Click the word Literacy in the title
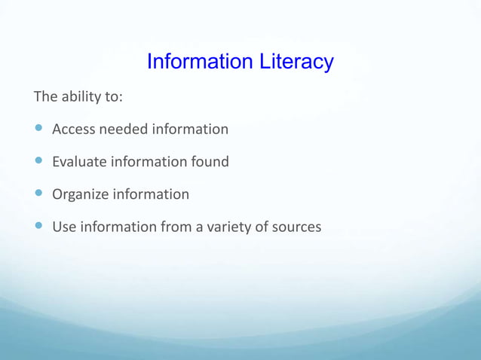tap(294, 62)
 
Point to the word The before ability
tap(44, 97)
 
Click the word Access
tap(73, 130)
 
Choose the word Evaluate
tap(79, 162)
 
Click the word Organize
tap(80, 194)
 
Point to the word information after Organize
tap(151, 194)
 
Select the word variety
tap(228, 227)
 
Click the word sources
tap(296, 227)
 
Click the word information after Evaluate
tap(149, 162)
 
